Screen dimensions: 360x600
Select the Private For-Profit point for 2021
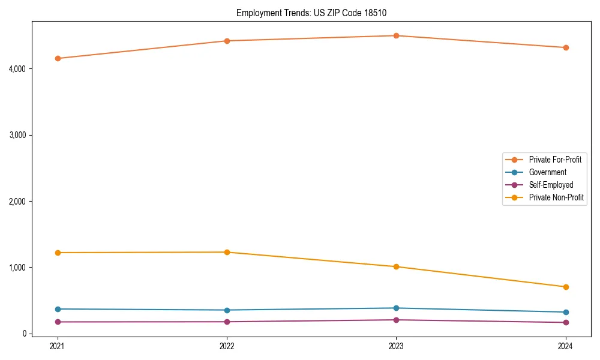point(58,58)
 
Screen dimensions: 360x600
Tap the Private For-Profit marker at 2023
point(396,35)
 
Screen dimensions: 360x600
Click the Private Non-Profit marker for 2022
point(227,252)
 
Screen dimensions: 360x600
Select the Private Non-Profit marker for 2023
point(396,266)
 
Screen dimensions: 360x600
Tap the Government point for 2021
point(58,309)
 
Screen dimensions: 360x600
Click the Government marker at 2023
point(396,308)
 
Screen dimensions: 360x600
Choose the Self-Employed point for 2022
point(227,322)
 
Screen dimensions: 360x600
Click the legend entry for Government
point(547,172)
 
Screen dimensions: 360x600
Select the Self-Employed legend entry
point(551,185)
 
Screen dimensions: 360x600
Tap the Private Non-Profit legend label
point(556,197)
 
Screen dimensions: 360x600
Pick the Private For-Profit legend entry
point(555,160)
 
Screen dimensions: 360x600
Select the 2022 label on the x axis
point(227,346)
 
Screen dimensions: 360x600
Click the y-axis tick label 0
point(26,334)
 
